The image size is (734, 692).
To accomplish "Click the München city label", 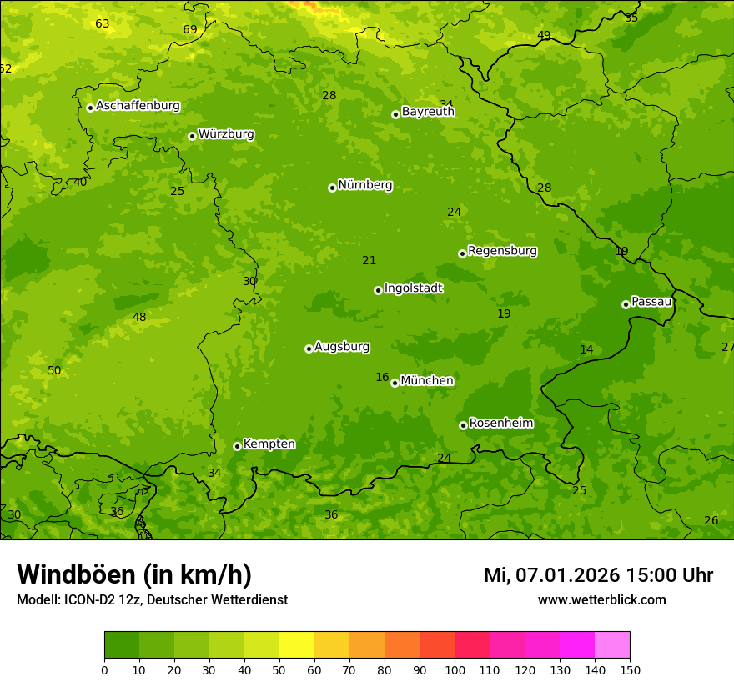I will (427, 381).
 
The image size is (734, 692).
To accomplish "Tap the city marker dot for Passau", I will (626, 304).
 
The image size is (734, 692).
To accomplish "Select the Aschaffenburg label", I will (138, 106).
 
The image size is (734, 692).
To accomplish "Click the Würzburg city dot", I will (192, 136).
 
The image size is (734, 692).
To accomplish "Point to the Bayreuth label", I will (428, 112).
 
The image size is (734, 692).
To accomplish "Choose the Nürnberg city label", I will (364, 185).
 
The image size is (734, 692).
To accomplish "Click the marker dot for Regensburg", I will (462, 253).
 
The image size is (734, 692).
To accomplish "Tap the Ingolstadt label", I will (413, 288).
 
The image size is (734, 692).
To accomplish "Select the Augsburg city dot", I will (309, 349).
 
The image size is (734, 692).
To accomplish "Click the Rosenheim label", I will (500, 424).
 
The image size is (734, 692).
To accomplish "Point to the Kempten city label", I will (269, 444).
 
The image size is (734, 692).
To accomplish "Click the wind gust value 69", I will (190, 30).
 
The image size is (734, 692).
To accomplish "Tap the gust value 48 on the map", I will (139, 317).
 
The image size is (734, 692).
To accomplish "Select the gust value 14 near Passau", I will (586, 350).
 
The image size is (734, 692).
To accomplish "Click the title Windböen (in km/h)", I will (133, 574).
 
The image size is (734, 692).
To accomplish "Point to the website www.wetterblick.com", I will (601, 600).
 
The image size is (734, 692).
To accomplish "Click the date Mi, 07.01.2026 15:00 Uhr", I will (598, 575).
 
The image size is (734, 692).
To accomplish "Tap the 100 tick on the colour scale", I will (455, 669).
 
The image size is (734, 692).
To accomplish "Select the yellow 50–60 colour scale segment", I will (297, 645).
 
